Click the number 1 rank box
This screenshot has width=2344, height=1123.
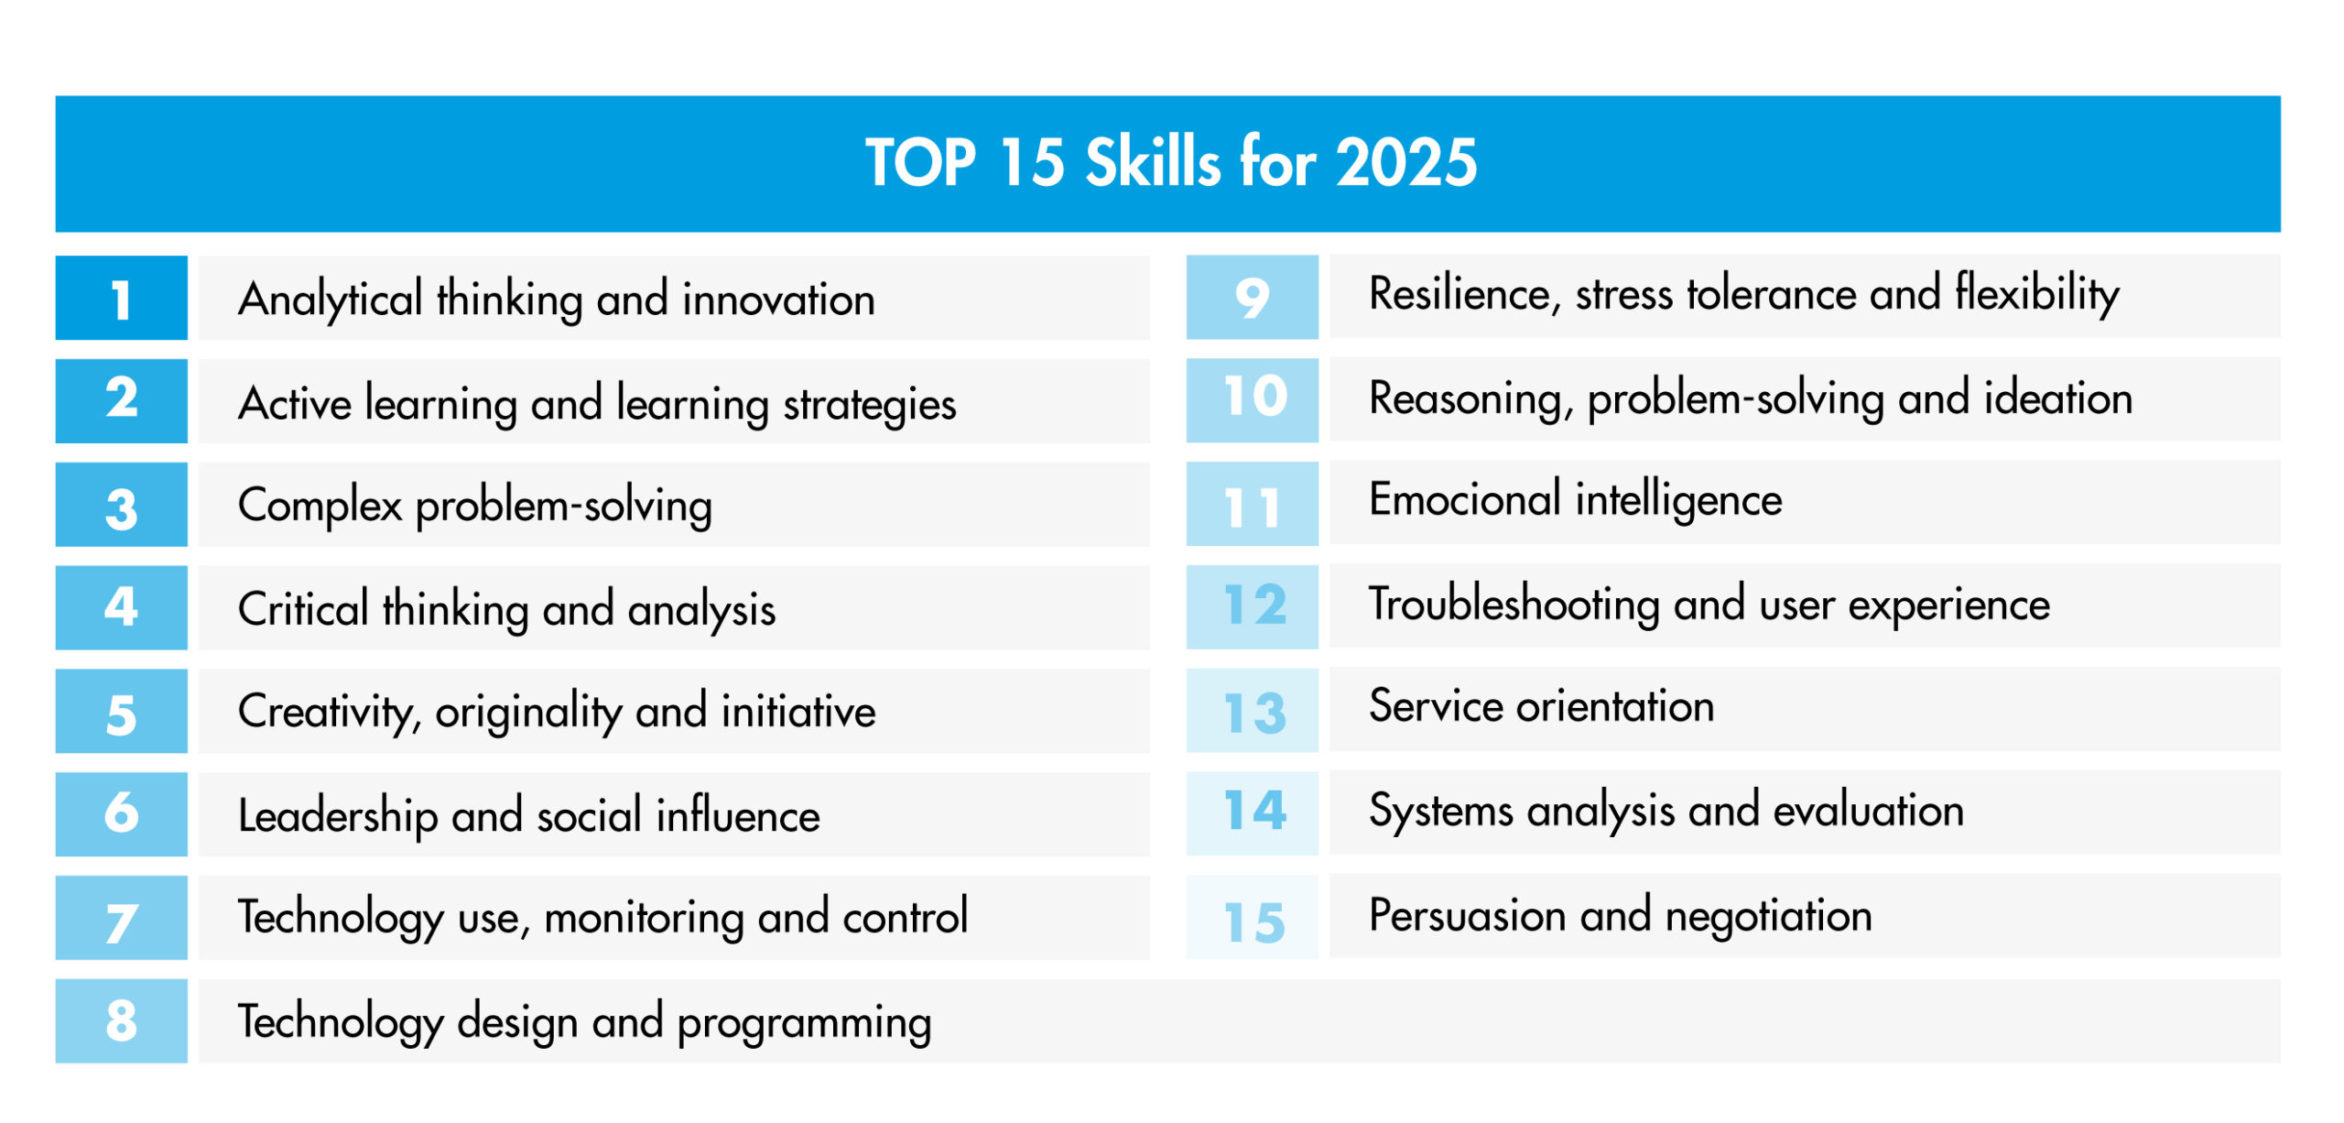tap(121, 298)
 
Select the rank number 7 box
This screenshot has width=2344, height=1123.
tap(121, 918)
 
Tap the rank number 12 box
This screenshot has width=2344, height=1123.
tap(1252, 606)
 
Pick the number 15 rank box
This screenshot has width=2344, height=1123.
tap(1252, 917)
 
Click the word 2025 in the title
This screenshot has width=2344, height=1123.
tap(1406, 163)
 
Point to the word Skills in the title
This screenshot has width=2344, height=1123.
tap(1153, 161)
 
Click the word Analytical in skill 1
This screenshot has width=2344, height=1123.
tap(331, 300)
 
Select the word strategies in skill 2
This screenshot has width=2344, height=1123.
tap(869, 405)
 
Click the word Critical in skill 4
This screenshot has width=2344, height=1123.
tap(303, 609)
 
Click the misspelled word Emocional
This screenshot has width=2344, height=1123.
tap(1465, 500)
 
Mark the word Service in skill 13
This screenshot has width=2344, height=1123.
tap(1437, 706)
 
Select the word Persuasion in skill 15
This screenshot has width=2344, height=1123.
tap(1468, 915)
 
